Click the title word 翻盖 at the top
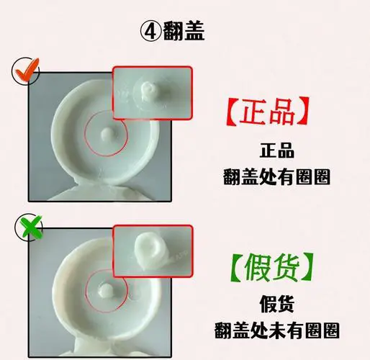(184, 32)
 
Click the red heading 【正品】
(267, 113)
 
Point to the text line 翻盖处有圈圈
(277, 177)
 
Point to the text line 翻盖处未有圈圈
(277, 330)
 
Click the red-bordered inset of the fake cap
(152, 250)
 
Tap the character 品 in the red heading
(286, 113)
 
